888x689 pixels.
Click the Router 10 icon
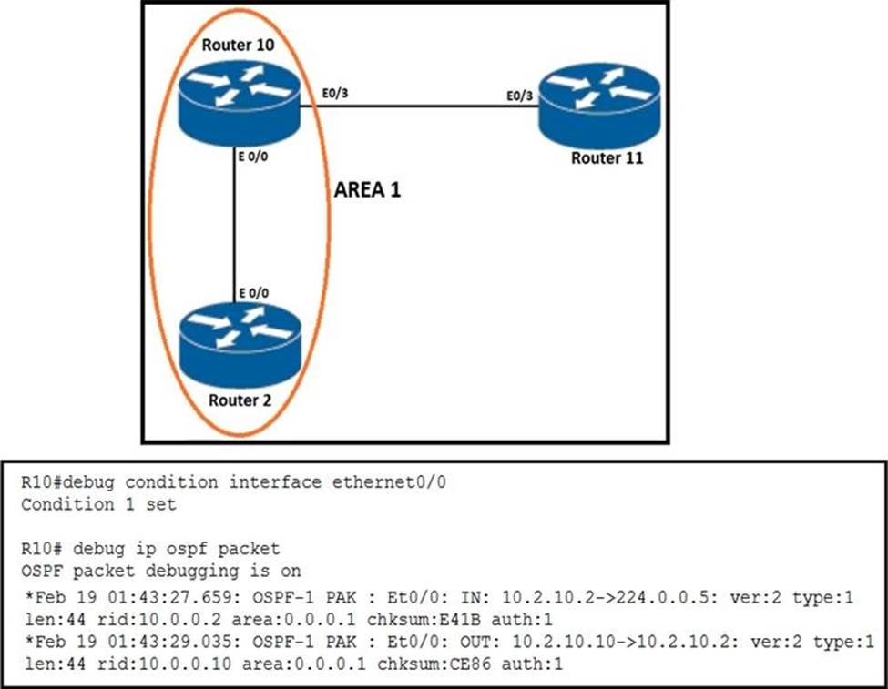point(240,104)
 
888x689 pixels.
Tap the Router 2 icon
point(240,345)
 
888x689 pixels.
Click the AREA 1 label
point(368,189)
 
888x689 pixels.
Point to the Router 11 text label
point(607,158)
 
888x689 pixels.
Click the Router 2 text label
point(240,400)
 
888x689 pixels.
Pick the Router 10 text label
point(238,45)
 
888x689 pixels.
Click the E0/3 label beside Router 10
point(335,93)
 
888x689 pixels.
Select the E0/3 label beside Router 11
point(519,96)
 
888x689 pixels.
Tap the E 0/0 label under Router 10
point(253,157)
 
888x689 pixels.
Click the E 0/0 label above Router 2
point(254,293)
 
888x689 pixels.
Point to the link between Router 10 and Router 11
point(419,106)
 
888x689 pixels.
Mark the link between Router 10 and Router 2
point(234,225)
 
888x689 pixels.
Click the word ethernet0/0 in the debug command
point(389,482)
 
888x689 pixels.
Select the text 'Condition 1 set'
point(98,504)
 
